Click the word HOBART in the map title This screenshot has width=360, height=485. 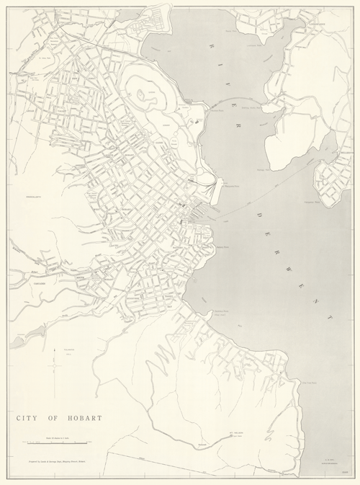[x=84, y=417]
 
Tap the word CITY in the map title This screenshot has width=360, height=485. [x=27, y=417]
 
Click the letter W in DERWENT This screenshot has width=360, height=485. [x=288, y=258]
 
